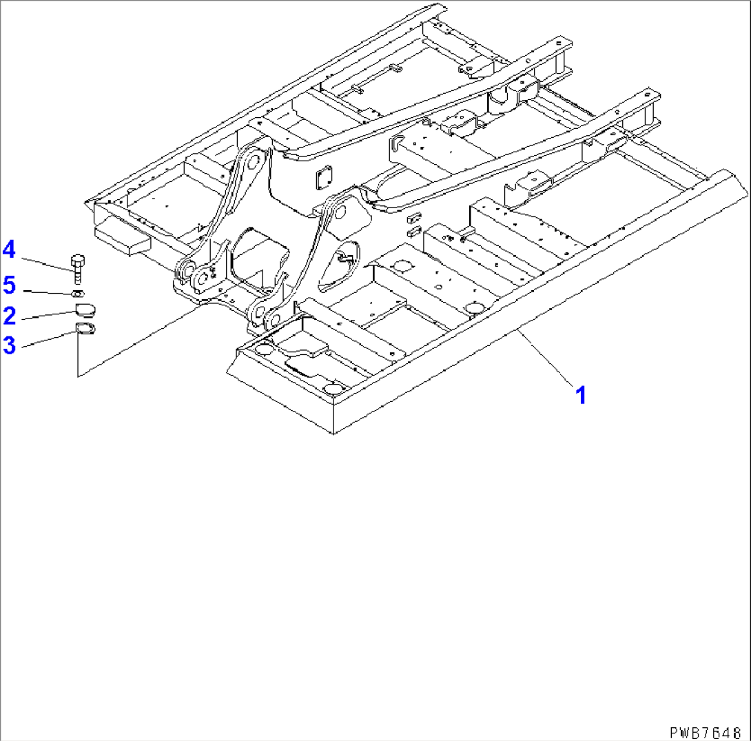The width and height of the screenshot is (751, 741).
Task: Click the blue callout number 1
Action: coord(581,395)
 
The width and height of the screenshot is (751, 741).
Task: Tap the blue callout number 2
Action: coord(10,316)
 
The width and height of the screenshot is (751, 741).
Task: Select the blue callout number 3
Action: coord(9,345)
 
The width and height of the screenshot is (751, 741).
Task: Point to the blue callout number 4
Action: coord(9,250)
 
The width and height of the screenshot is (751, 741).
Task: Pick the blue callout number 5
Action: coord(9,283)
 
